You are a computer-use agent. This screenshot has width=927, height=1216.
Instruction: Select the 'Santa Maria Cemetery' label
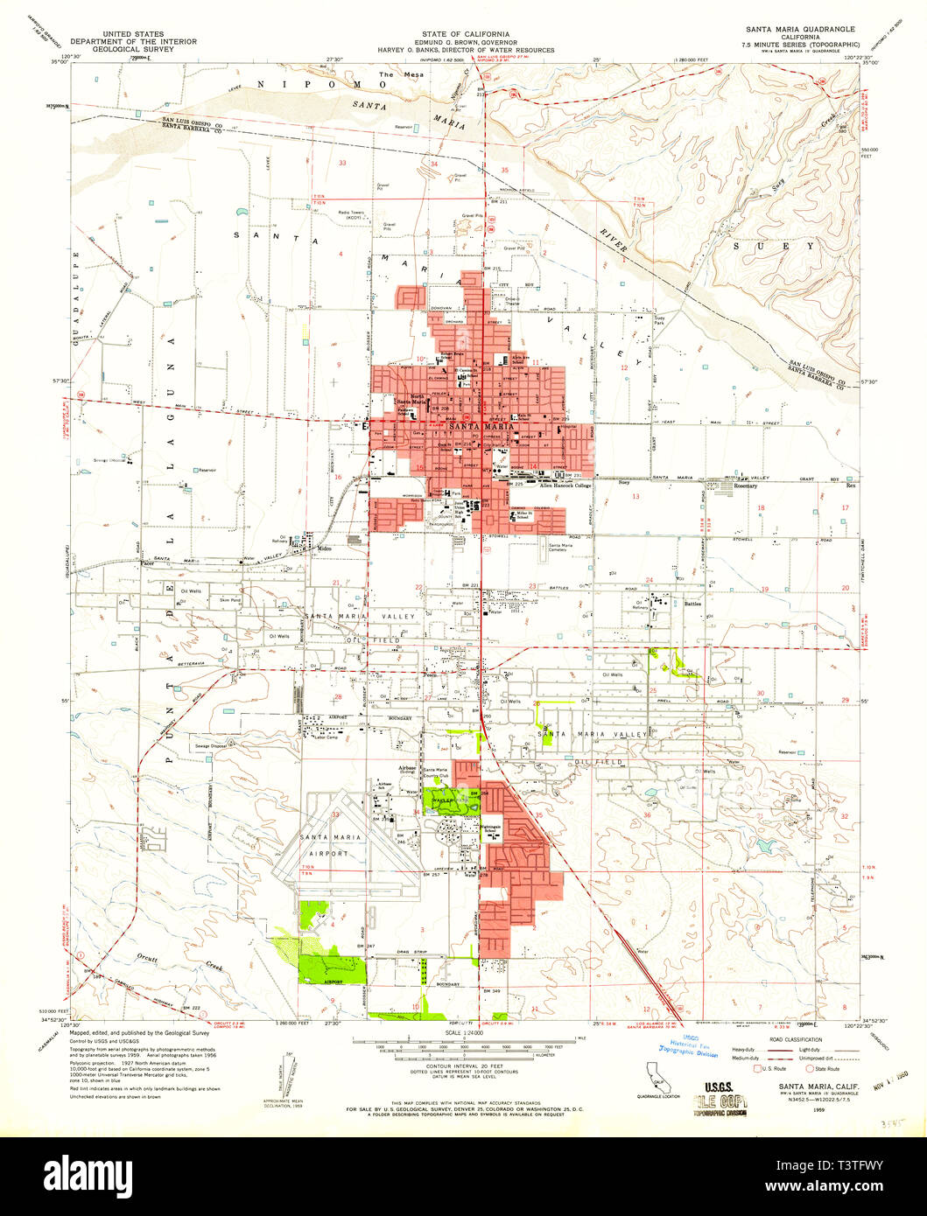pyautogui.click(x=565, y=549)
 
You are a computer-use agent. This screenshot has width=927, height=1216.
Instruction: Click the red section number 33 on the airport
pyautogui.click(x=336, y=814)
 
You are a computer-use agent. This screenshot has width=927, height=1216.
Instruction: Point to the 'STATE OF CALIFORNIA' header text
pyautogui.click(x=465, y=32)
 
